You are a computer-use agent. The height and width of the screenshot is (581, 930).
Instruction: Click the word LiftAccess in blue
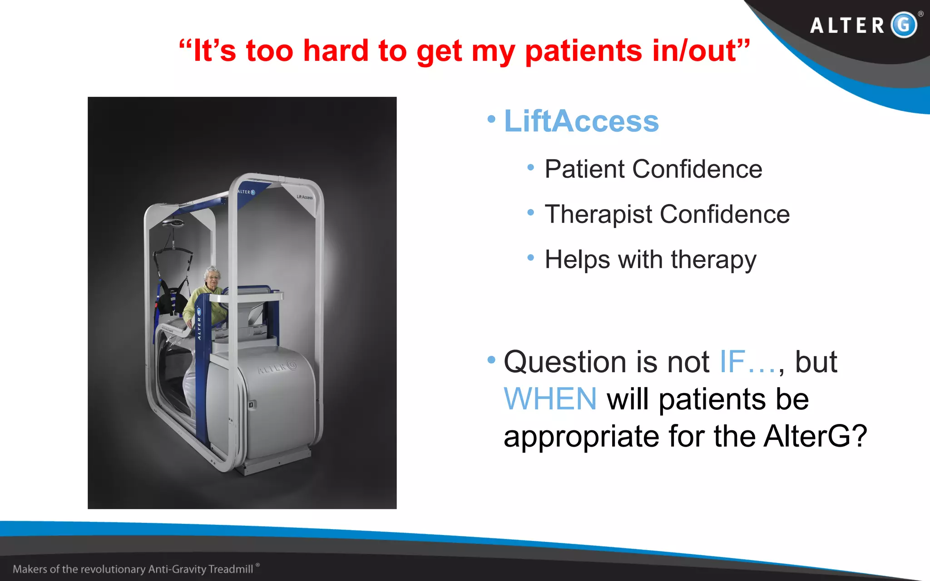click(581, 122)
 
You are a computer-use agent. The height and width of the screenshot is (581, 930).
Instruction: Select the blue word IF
click(732, 362)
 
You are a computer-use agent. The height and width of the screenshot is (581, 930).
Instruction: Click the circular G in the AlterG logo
click(904, 25)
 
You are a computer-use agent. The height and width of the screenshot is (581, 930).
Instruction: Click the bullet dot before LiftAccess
click(491, 119)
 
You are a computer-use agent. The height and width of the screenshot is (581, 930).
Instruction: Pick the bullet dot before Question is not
click(491, 360)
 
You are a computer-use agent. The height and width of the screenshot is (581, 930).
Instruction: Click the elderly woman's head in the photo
click(212, 275)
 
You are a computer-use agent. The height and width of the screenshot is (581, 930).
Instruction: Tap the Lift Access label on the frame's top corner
click(304, 197)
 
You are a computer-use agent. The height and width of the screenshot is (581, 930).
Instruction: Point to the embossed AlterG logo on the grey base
click(277, 367)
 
